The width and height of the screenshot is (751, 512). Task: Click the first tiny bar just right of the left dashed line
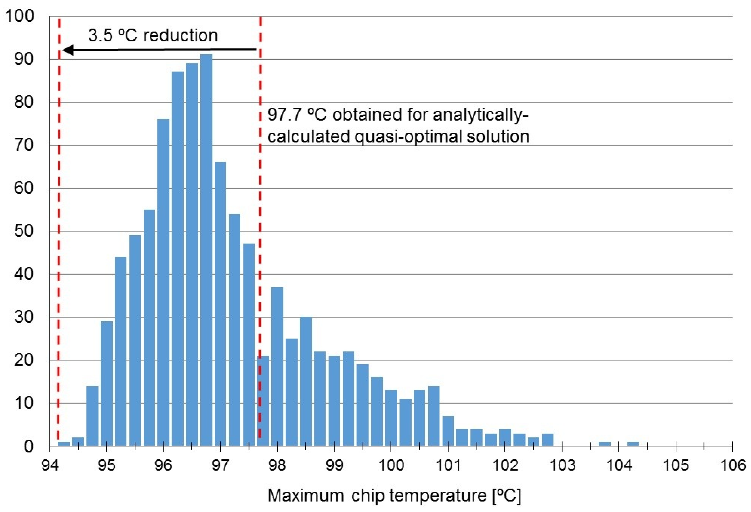tap(64, 444)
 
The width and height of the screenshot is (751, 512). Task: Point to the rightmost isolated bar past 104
tap(633, 444)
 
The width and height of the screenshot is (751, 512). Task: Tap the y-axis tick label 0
tap(28, 446)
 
